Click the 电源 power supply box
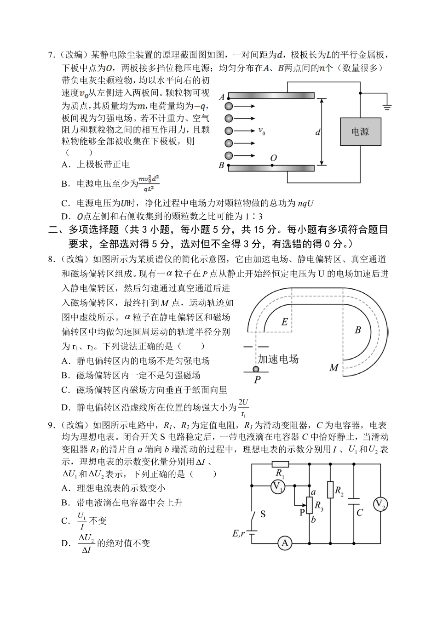tap(360, 131)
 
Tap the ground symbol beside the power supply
tap(387, 107)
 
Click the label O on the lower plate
tap(273, 159)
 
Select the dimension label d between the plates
tap(317, 132)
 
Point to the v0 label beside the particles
tap(262, 131)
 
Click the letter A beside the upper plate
tap(221, 97)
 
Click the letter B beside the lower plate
tap(221, 165)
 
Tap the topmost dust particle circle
tap(229, 106)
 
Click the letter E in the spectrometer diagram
tap(284, 322)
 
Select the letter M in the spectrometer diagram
tap(334, 367)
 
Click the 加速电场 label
tap(278, 359)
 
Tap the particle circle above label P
tap(256, 369)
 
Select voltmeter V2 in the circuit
tap(380, 504)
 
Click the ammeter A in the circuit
tap(284, 543)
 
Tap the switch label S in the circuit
tap(263, 514)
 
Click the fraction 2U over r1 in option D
tap(243, 406)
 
